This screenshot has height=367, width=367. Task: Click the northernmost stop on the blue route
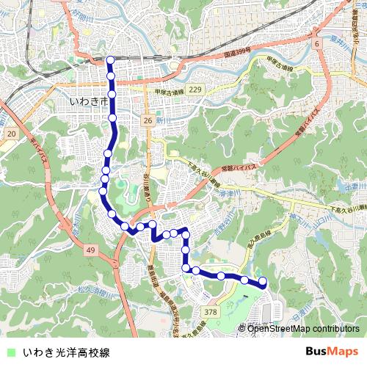pyautogui.click(x=110, y=60)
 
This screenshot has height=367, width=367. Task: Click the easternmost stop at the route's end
pyautogui.click(x=263, y=282)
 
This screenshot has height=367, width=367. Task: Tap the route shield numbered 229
pyautogui.click(x=194, y=89)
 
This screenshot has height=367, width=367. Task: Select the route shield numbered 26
pyautogui.click(x=148, y=120)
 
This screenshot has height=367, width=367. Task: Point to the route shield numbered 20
pyautogui.click(x=10, y=134)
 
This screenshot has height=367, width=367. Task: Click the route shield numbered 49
pyautogui.click(x=90, y=251)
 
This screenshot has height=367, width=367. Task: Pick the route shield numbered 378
pyautogui.click(x=211, y=312)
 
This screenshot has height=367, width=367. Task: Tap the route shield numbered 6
pyautogui.click(x=318, y=45)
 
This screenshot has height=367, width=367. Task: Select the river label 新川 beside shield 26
pyautogui.click(x=163, y=119)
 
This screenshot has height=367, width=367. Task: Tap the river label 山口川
pyautogui.click(x=321, y=219)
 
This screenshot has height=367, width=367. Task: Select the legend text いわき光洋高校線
pyautogui.click(x=66, y=352)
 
